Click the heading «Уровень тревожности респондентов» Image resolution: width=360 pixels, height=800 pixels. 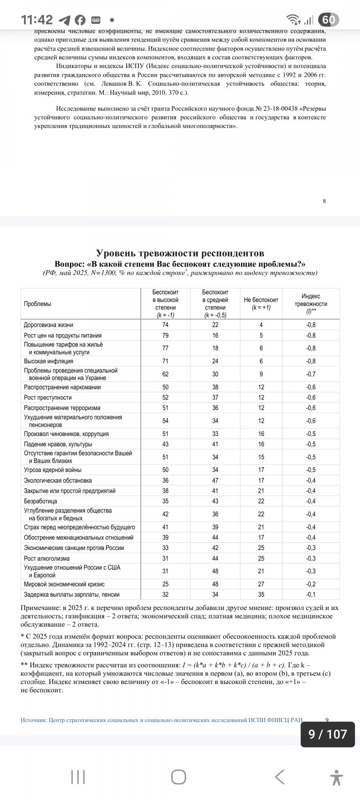pyautogui.click(x=180, y=253)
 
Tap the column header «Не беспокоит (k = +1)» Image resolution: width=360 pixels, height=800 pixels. pyautogui.click(x=261, y=304)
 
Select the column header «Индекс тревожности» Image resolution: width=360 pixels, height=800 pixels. pyautogui.click(x=311, y=304)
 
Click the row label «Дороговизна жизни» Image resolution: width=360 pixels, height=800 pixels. pyautogui.click(x=48, y=325)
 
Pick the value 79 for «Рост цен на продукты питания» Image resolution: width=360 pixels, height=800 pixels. pyautogui.click(x=166, y=336)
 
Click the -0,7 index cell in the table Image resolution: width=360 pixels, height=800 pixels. pyautogui.click(x=311, y=374)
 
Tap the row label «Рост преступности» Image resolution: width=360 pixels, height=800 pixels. pyautogui.click(x=48, y=398)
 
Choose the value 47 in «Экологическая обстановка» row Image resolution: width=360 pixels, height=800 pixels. pyautogui.click(x=215, y=480)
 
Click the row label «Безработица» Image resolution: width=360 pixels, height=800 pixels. pyautogui.click(x=40, y=501)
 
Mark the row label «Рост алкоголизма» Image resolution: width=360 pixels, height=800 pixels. pyautogui.click(x=46, y=558)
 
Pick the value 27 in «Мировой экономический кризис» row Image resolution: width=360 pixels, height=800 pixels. pyautogui.click(x=261, y=584)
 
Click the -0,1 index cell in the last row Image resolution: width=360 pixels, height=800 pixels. pyautogui.click(x=311, y=594)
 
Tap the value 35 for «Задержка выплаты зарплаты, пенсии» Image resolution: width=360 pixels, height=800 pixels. pyautogui.click(x=261, y=594)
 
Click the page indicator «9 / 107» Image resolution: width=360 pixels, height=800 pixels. pyautogui.click(x=328, y=734)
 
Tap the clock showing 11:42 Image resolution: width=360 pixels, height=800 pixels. pyautogui.click(x=37, y=20)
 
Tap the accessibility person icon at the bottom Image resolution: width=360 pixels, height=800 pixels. pyautogui.click(x=337, y=777)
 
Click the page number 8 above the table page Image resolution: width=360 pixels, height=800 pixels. pyautogui.click(x=324, y=201)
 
